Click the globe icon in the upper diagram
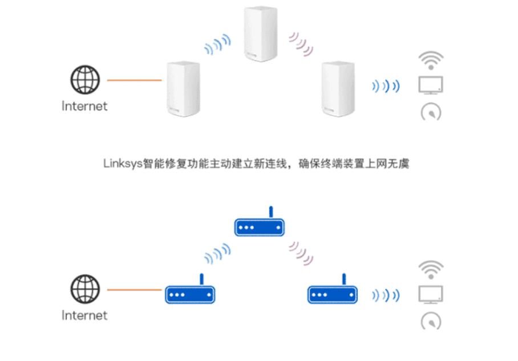(x=85, y=80)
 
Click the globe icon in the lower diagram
(x=85, y=289)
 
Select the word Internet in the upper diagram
(x=84, y=106)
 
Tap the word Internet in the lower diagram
(x=84, y=315)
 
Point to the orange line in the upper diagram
(x=134, y=80)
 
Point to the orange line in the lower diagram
(x=134, y=290)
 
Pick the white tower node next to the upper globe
(x=183, y=88)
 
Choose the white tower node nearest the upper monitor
(x=338, y=88)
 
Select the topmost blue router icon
(x=260, y=225)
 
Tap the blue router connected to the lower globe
(x=191, y=293)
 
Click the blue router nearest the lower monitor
(x=333, y=293)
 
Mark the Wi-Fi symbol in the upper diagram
(x=431, y=60)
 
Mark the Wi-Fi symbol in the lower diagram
(x=431, y=269)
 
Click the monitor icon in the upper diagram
(x=431, y=85)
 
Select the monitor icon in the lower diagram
(x=431, y=294)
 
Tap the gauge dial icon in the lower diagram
(x=431, y=321)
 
